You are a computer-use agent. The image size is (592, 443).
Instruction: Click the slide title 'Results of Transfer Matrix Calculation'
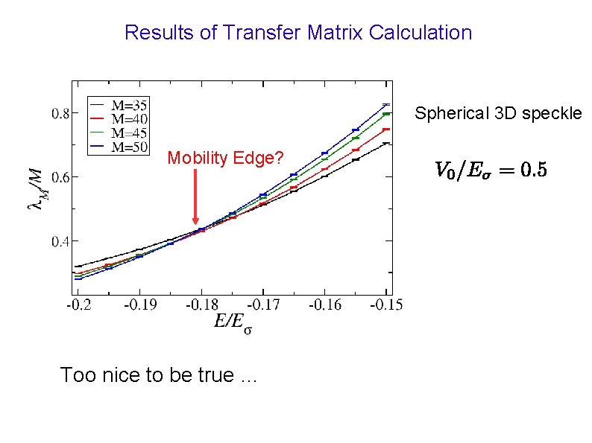click(x=298, y=33)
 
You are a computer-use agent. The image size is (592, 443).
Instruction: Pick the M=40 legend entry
click(x=120, y=119)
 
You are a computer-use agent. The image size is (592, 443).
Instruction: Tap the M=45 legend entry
click(x=120, y=133)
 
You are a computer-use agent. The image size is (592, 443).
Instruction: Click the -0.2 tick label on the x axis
click(x=77, y=305)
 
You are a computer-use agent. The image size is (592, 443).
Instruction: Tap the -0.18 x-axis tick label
click(x=199, y=305)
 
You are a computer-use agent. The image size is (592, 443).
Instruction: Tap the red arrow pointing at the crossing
click(x=197, y=198)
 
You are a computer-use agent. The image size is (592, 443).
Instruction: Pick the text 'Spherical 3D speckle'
click(x=498, y=114)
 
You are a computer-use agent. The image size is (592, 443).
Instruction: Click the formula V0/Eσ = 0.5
click(x=490, y=170)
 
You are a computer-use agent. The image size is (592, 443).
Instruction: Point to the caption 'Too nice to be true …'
click(x=157, y=375)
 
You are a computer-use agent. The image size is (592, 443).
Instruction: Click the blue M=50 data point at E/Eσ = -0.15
click(x=385, y=104)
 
